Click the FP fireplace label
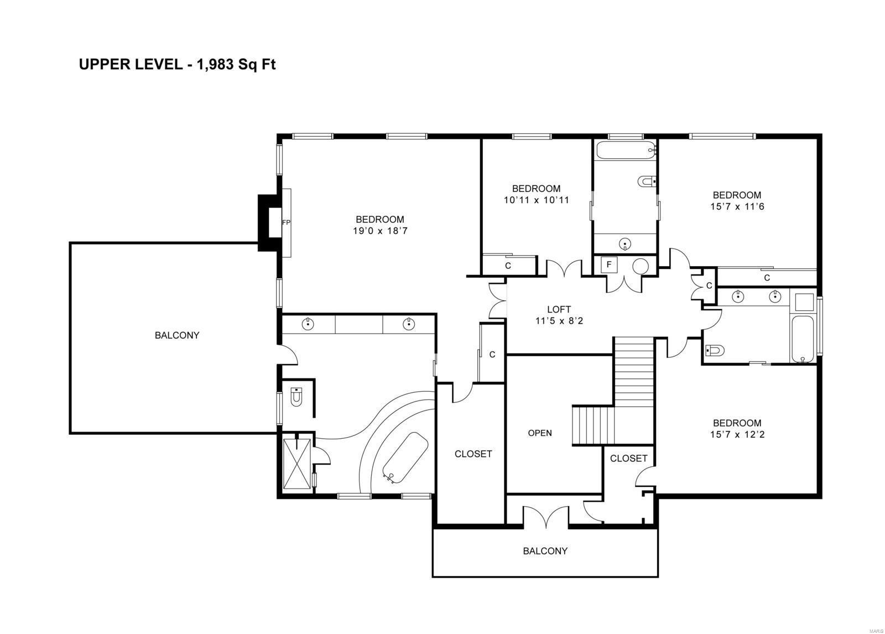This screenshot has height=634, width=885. tap(286, 223)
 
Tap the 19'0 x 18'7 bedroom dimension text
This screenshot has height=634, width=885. tap(379, 231)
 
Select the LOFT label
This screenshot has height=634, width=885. tap(559, 310)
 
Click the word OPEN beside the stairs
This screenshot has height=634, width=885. tap(540, 433)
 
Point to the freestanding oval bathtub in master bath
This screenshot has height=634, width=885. tap(405, 458)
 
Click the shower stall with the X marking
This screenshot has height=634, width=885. tap(298, 464)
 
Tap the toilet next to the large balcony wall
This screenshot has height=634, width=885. tap(297, 396)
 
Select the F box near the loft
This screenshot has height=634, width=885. tap(609, 265)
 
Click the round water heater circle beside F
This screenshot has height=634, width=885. tap(640, 266)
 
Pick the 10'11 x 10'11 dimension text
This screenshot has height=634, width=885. tap(536, 200)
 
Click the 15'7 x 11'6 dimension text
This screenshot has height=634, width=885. tap(737, 207)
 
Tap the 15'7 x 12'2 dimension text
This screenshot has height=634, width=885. tap(737, 435)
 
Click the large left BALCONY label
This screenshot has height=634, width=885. tap(177, 335)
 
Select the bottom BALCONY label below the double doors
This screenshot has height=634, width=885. tap(545, 551)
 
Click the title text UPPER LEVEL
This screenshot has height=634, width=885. tap(130, 65)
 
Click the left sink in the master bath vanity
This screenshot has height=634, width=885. tap(308, 324)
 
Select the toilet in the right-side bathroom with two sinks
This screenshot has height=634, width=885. tap(715, 350)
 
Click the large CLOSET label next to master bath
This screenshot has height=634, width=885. tap(473, 454)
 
